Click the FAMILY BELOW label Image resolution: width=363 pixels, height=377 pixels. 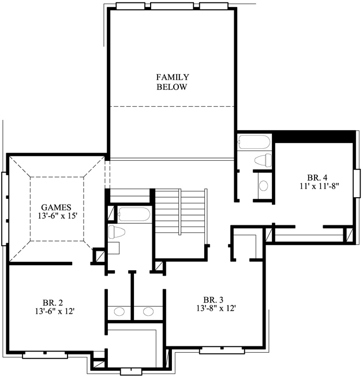[172, 82]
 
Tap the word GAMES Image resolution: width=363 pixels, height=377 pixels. [56, 207]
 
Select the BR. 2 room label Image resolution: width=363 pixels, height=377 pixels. [53, 301]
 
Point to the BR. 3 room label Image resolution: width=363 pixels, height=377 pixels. [213, 299]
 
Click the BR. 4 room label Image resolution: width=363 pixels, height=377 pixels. [317, 177]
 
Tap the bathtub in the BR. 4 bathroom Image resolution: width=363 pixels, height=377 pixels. [253, 142]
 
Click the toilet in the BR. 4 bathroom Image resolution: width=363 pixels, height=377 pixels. [263, 160]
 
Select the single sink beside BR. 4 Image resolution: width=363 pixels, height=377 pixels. [263, 186]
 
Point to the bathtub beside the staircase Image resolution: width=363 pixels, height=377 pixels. [133, 214]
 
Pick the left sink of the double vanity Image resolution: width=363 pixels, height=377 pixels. [119, 311]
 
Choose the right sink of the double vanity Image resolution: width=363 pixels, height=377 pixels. [148, 311]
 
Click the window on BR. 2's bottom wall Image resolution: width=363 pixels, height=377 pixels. [42, 354]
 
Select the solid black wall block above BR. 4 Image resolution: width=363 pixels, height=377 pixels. [314, 136]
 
